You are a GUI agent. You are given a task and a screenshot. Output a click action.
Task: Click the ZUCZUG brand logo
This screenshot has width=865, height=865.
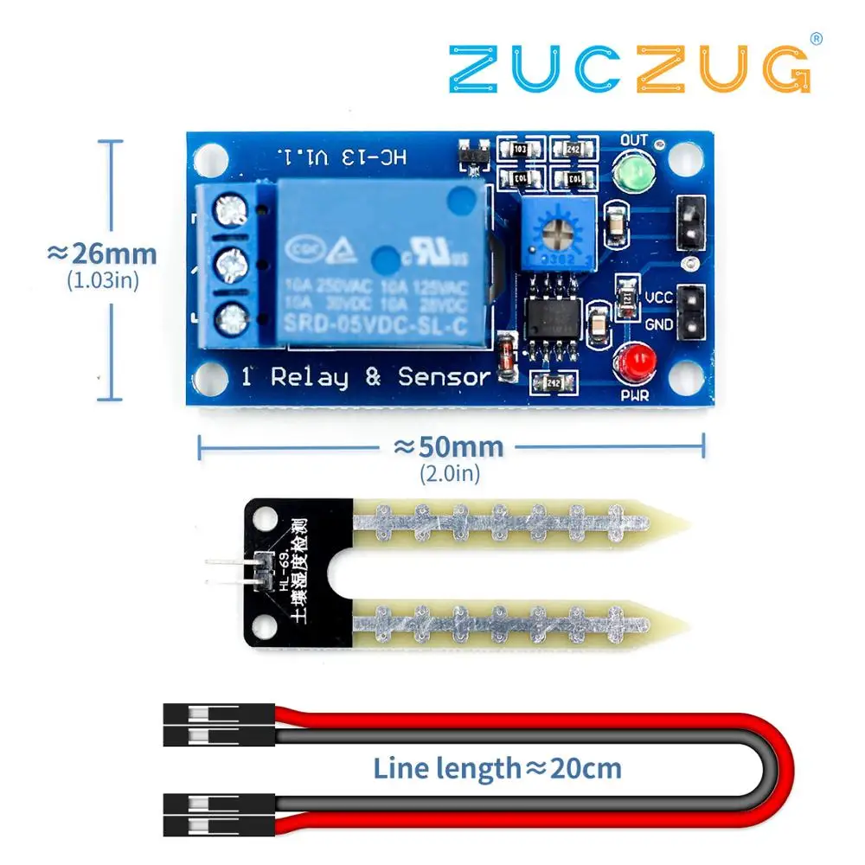pos(629,68)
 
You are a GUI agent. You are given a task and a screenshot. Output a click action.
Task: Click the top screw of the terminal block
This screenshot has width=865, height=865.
pos(231,208)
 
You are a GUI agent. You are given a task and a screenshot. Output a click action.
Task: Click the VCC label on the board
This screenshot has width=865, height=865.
pos(659,298)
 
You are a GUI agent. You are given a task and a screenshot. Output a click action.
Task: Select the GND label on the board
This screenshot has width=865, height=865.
pos(659,324)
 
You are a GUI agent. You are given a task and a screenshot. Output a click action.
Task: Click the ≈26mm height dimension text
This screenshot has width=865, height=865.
pos(102,254)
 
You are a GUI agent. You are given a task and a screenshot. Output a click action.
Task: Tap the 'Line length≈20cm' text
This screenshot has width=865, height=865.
pos(497,767)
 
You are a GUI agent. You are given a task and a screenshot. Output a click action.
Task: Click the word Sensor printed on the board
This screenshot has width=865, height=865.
pos(444,377)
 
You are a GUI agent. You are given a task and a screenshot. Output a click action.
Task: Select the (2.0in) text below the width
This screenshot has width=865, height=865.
pos(449,474)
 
